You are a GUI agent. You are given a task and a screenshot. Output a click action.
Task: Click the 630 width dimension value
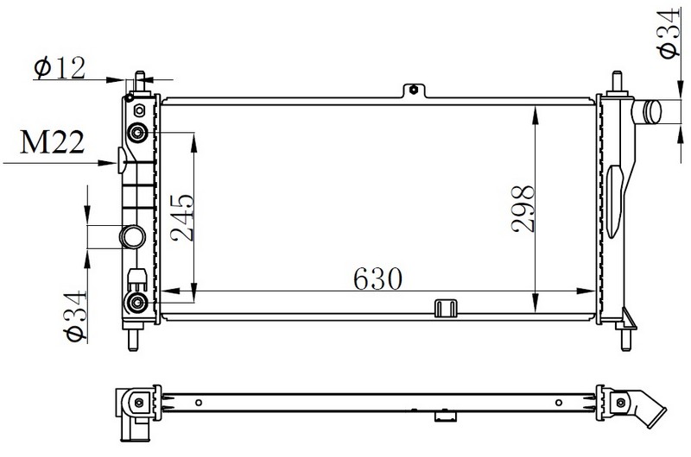(377, 279)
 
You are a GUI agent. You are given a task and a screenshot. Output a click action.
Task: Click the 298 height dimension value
(523, 209)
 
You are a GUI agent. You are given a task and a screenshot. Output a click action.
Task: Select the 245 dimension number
(182, 218)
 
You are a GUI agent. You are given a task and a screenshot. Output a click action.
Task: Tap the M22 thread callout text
(52, 142)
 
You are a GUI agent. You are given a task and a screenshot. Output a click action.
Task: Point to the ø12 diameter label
(60, 68)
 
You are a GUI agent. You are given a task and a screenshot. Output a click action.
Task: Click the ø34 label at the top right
(669, 34)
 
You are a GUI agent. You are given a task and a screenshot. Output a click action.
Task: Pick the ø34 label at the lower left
(75, 316)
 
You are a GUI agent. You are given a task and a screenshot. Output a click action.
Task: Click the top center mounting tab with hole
(414, 91)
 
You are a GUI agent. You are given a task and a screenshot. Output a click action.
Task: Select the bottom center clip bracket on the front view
(445, 308)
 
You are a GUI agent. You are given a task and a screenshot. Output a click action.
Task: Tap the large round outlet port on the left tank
(133, 236)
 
